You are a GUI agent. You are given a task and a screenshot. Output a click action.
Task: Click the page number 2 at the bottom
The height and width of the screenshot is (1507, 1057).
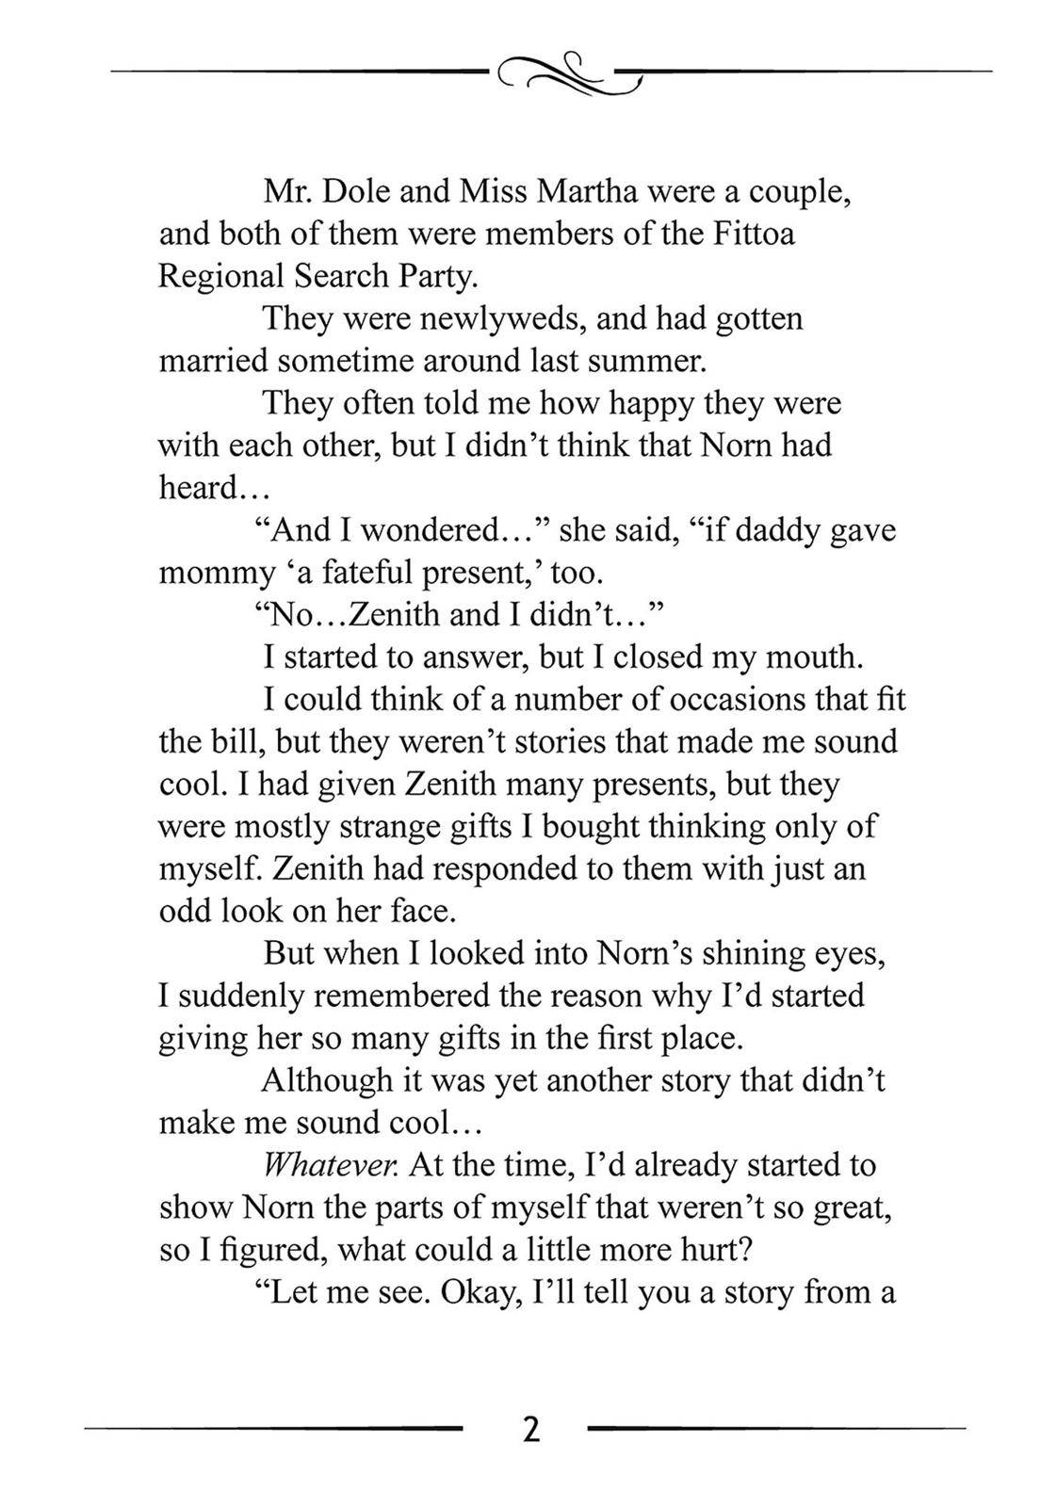530,1429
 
